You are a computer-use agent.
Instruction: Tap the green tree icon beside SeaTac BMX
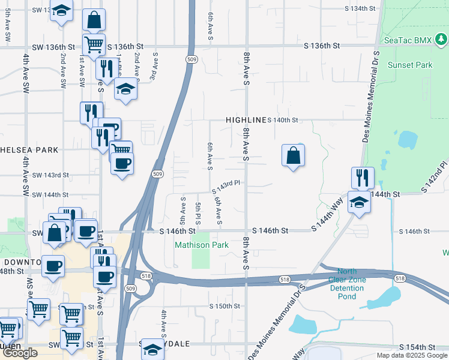[441, 40]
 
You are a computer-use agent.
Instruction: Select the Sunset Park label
[410, 65]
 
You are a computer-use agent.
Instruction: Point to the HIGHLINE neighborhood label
[246, 120]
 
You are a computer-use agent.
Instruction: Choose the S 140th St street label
[283, 120]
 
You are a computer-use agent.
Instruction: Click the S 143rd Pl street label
[226, 187]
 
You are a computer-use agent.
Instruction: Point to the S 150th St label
[224, 306]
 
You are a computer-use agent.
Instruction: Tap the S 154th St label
[417, 347]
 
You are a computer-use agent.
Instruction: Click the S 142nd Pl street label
[435, 176]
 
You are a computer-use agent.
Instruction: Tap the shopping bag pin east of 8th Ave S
[293, 156]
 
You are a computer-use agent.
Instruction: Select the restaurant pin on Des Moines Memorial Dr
[363, 178]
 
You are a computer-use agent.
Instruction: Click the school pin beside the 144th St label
[359, 202]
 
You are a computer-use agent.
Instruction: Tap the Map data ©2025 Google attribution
[412, 355]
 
